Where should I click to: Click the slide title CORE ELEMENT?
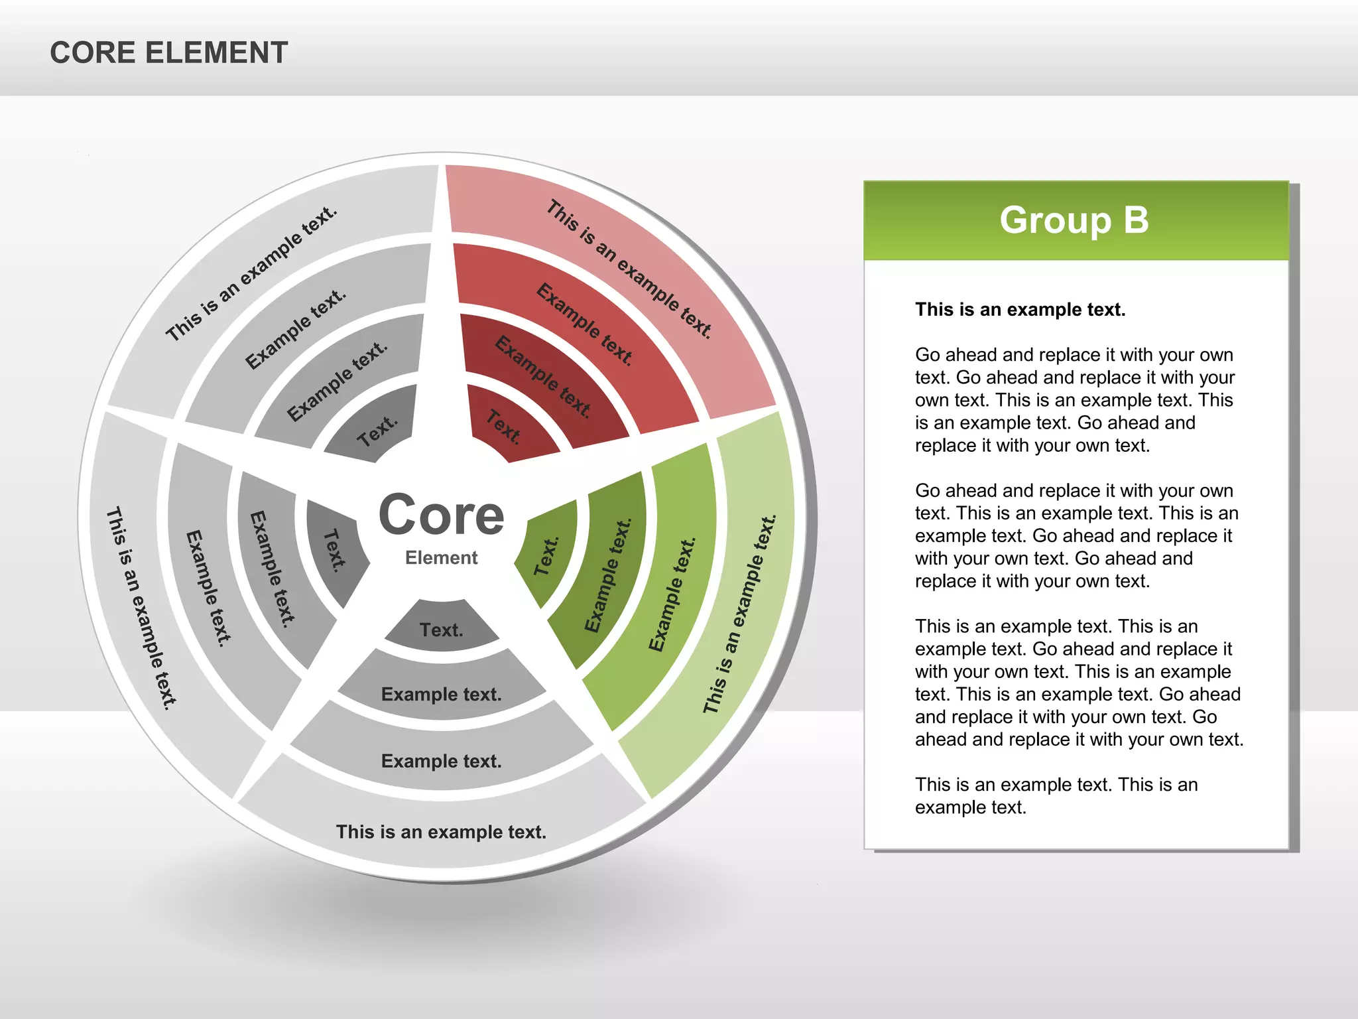pos(168,53)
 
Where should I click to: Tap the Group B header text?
pos(1074,220)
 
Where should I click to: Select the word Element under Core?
pos(441,558)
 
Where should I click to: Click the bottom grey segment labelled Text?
pos(441,629)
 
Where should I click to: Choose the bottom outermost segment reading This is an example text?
pos(441,831)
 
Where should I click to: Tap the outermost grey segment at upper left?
pos(252,273)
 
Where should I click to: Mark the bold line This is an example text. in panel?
pos(1020,310)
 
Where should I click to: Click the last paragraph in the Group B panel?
pos(1056,795)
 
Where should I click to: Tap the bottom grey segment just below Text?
pos(441,694)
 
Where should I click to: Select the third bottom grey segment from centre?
pos(441,760)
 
